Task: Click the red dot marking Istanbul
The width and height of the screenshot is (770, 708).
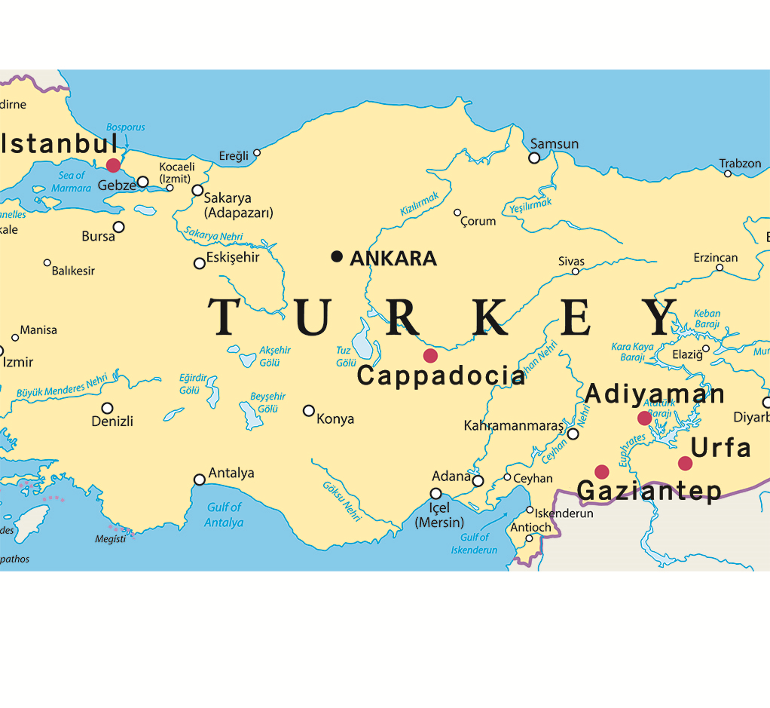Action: [x=113, y=165]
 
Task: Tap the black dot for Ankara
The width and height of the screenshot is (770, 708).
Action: [x=337, y=257]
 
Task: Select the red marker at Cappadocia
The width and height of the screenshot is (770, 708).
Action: [x=430, y=355]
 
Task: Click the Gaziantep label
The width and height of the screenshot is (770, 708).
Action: [x=649, y=491]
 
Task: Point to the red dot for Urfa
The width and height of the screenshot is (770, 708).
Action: [x=685, y=463]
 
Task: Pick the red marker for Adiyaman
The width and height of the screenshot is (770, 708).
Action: [x=644, y=418]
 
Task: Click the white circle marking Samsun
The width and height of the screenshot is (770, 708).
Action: [x=534, y=158]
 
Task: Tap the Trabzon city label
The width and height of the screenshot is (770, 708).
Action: [x=740, y=163]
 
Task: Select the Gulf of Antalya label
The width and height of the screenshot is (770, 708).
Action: [x=224, y=515]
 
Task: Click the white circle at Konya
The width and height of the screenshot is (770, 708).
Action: [x=309, y=411]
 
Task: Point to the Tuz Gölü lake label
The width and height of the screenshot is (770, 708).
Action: [x=345, y=357]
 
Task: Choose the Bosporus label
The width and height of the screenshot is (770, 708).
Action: [x=126, y=127]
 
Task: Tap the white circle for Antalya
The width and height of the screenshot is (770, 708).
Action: [x=200, y=480]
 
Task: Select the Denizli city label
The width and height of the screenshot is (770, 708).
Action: [x=112, y=421]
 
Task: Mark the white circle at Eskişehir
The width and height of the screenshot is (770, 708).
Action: [x=200, y=263]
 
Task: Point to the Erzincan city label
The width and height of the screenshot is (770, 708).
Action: [x=716, y=258]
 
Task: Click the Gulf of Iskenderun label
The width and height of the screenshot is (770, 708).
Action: [x=474, y=544]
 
